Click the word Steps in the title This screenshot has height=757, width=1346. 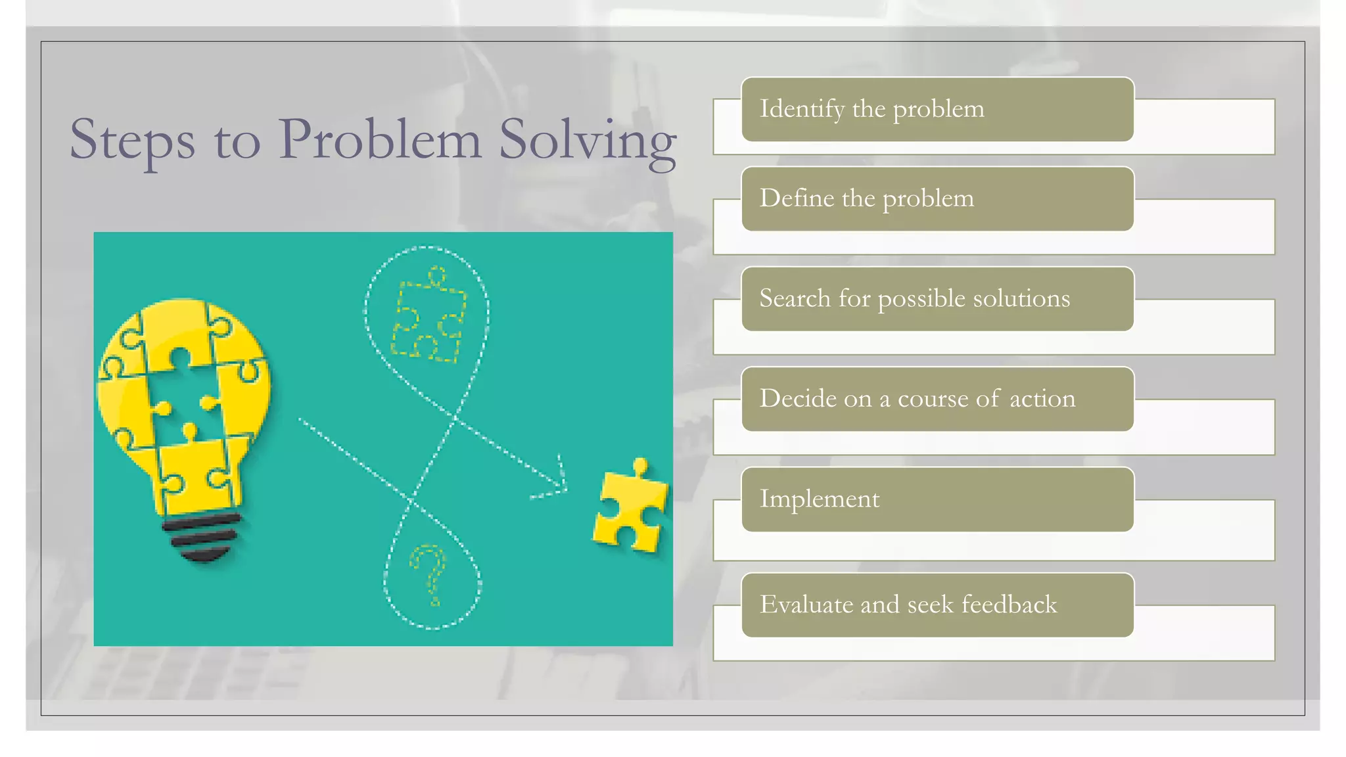(132, 139)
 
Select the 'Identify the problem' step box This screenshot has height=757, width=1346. (937, 109)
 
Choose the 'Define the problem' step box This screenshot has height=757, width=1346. (937, 198)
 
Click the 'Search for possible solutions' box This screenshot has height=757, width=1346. (937, 299)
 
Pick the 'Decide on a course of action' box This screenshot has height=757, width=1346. (937, 399)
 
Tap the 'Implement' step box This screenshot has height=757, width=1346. (937, 499)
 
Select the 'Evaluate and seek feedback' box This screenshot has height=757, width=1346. (937, 605)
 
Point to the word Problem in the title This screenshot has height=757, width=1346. (379, 139)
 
